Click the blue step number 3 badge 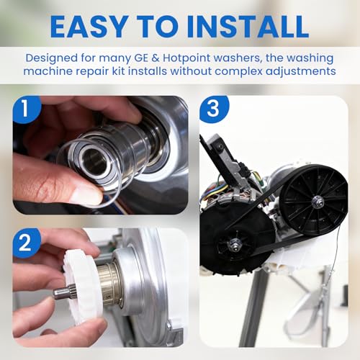[214, 109]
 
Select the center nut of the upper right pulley [315, 200]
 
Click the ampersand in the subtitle [156, 58]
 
